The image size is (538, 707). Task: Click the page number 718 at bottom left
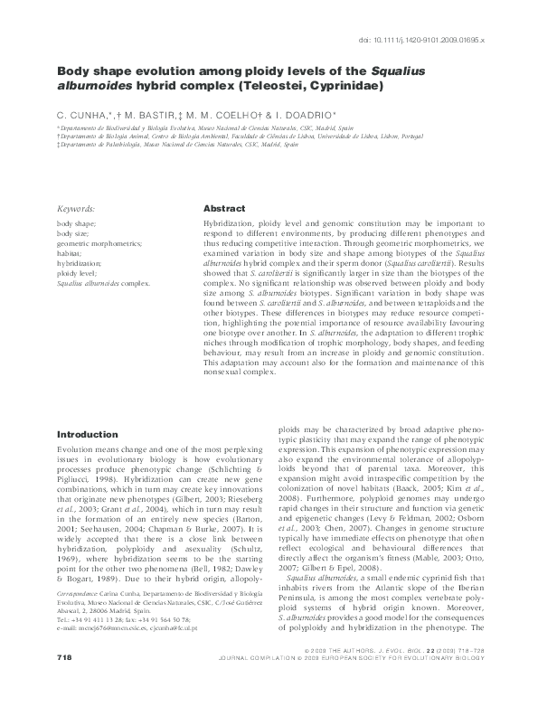[65, 681]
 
